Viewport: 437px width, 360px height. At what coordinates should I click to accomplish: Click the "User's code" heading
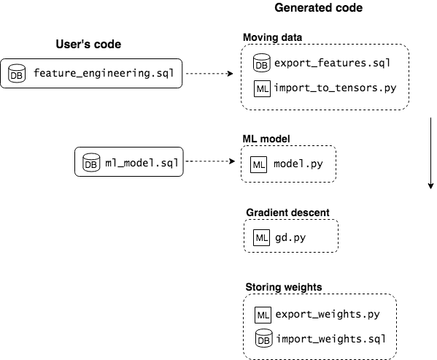pyautogui.click(x=88, y=45)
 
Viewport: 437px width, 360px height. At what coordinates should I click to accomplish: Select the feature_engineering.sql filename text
pyautogui.click(x=104, y=74)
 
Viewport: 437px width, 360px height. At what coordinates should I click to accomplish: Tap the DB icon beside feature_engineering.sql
pyautogui.click(x=17, y=74)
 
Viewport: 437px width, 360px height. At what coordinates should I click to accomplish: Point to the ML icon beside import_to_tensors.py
pyautogui.click(x=262, y=89)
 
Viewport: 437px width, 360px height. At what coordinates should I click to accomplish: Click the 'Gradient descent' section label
pyautogui.click(x=287, y=212)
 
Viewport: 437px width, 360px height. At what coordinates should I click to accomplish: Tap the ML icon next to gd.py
pyautogui.click(x=262, y=238)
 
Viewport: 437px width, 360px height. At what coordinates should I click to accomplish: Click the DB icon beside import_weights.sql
pyautogui.click(x=263, y=339)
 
